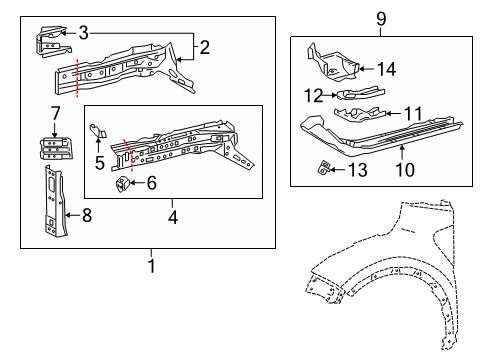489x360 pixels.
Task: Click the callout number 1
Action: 151,266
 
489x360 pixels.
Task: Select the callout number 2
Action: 205,46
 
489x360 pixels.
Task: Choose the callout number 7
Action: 55,110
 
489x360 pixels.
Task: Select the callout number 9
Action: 380,18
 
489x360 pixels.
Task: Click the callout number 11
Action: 411,114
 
